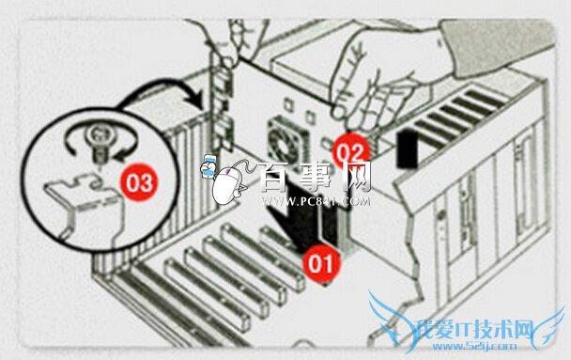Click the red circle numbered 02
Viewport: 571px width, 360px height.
click(x=350, y=151)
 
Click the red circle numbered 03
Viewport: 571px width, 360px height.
click(x=140, y=181)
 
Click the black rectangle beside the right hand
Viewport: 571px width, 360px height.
click(x=407, y=148)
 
